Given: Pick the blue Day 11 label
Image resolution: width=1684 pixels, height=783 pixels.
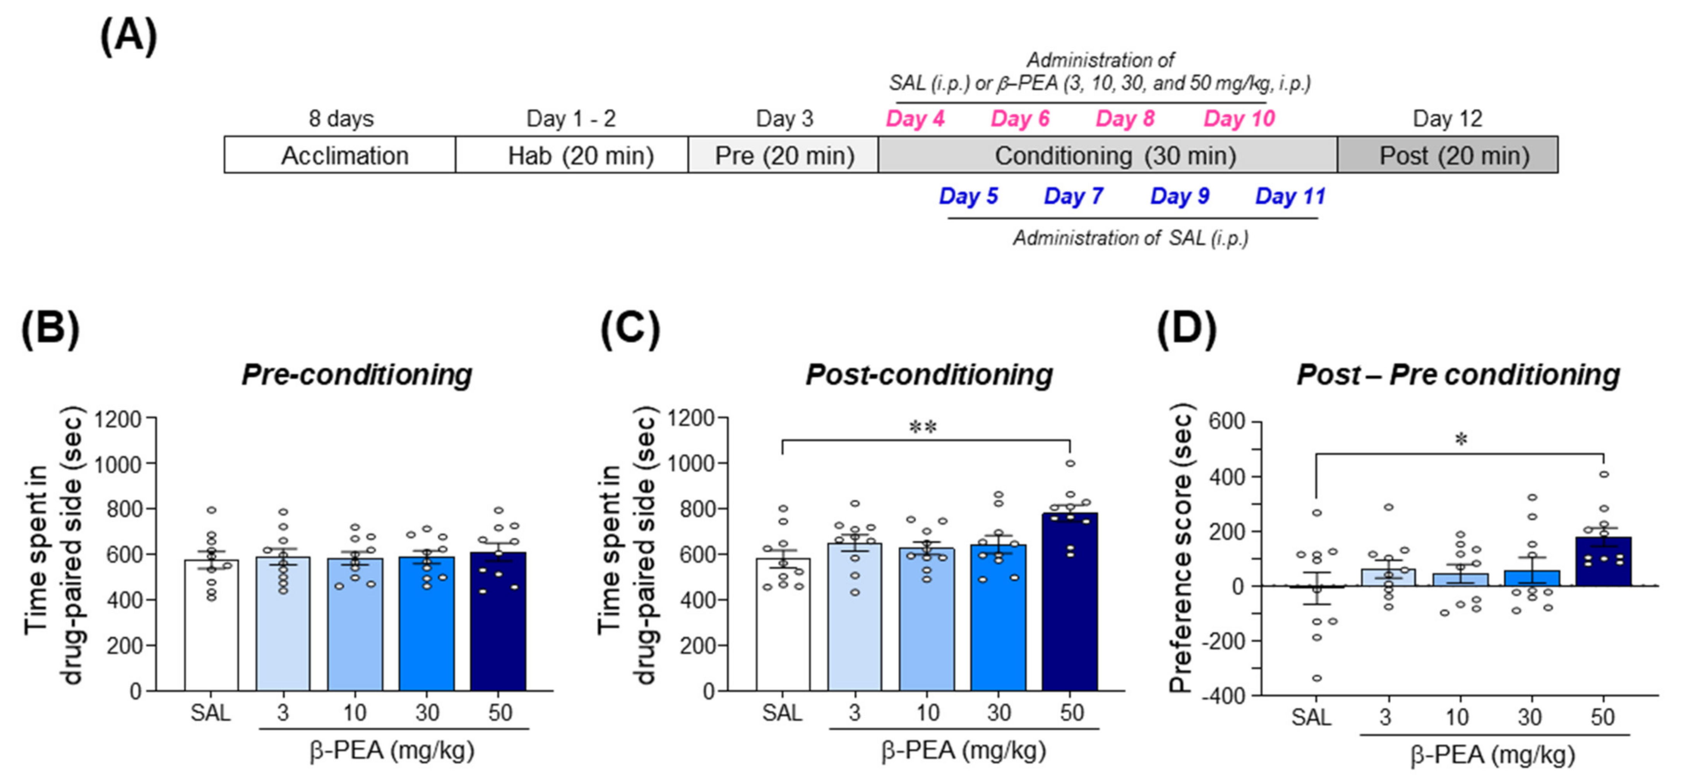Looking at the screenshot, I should click(x=1290, y=196).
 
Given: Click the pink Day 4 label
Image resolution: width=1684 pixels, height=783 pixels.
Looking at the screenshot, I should click(x=915, y=118).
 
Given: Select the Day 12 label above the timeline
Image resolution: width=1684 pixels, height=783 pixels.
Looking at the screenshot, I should click(x=1448, y=118).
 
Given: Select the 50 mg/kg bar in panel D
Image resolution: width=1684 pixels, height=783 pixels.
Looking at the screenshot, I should click(x=1603, y=562).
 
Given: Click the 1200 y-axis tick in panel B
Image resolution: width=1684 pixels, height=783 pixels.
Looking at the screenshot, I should click(x=118, y=419).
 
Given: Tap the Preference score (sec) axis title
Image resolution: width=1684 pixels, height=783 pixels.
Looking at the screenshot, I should click(x=1182, y=548).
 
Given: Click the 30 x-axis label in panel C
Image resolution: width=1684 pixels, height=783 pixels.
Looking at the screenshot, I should click(x=999, y=713).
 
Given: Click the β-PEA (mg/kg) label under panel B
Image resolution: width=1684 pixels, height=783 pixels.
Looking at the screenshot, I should click(x=392, y=751).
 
